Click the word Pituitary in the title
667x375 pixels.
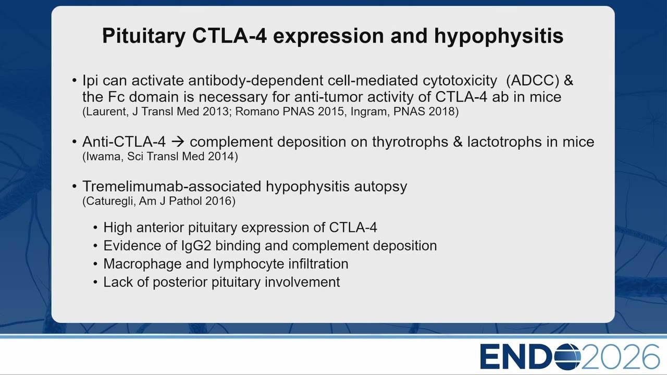click(x=144, y=36)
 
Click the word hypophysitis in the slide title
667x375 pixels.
click(x=499, y=36)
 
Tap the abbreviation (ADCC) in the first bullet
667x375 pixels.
click(x=533, y=80)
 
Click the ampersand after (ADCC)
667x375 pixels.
click(x=569, y=80)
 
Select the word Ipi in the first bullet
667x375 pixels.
click(x=90, y=81)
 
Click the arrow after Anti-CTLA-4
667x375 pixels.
click(x=178, y=142)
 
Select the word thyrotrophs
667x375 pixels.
click(x=410, y=142)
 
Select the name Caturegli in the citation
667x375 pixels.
click(x=107, y=201)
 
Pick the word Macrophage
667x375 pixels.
click(x=142, y=264)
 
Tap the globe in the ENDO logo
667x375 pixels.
click(x=567, y=356)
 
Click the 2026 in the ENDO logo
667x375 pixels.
click(x=620, y=357)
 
